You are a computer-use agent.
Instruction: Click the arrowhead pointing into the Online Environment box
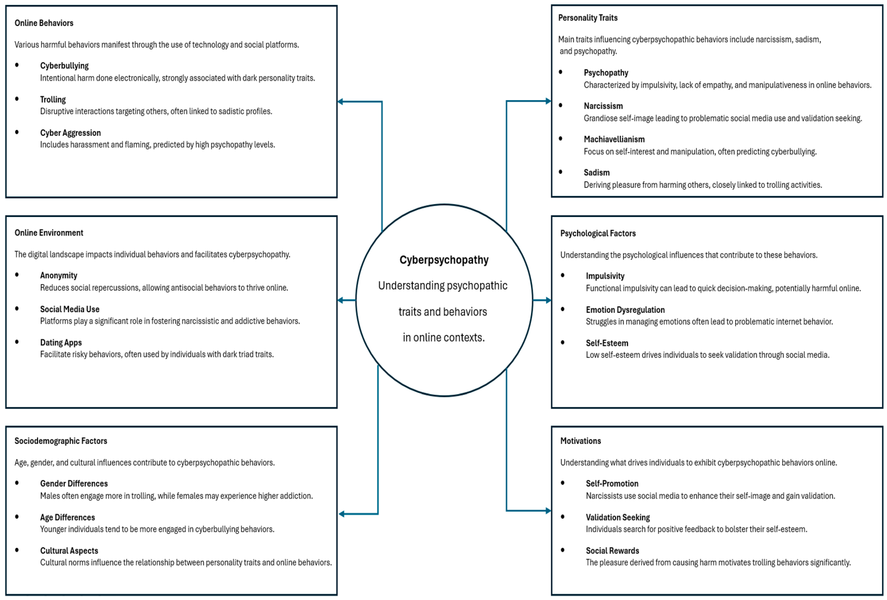coord(340,300)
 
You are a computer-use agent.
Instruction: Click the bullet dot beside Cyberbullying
coord(17,65)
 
